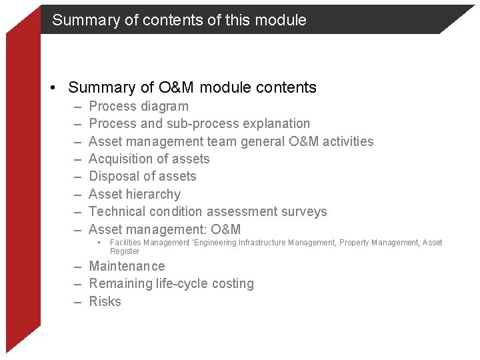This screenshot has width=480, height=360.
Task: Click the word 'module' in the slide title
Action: pyautogui.click(x=282, y=20)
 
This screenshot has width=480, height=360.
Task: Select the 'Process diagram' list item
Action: pyautogui.click(x=139, y=106)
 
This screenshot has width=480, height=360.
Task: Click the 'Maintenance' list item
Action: pyautogui.click(x=127, y=266)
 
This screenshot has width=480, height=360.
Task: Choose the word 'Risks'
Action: pyautogui.click(x=105, y=301)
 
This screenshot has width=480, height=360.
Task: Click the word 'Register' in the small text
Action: pyautogui.click(x=125, y=251)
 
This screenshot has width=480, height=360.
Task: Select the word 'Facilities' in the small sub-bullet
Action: pyautogui.click(x=125, y=243)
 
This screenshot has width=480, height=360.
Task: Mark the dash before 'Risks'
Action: pyautogui.click(x=78, y=301)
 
